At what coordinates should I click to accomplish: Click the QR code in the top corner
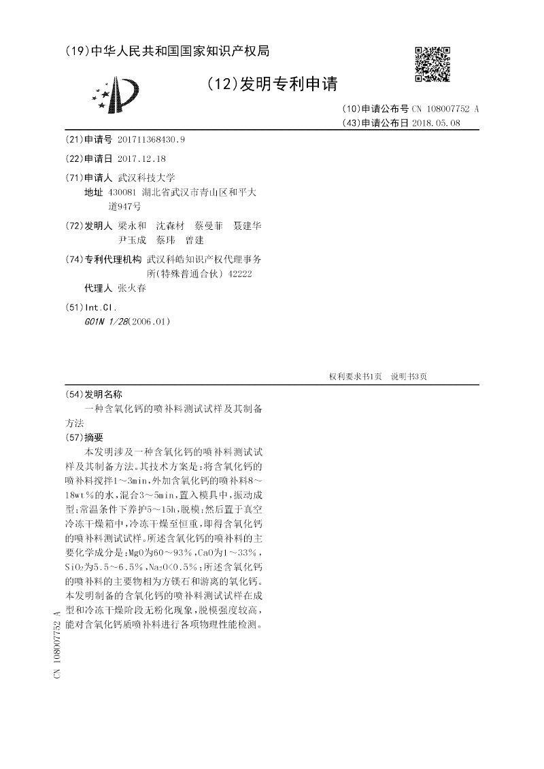tap(432, 64)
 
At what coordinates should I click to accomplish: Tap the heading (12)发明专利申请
tap(271, 84)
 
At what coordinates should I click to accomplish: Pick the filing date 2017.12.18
tap(141, 158)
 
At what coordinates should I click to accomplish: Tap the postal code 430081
tap(122, 192)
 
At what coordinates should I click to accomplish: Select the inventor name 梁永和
tap(131, 226)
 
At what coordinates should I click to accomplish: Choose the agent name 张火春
tap(131, 288)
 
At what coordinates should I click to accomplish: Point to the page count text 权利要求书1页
tap(355, 376)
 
